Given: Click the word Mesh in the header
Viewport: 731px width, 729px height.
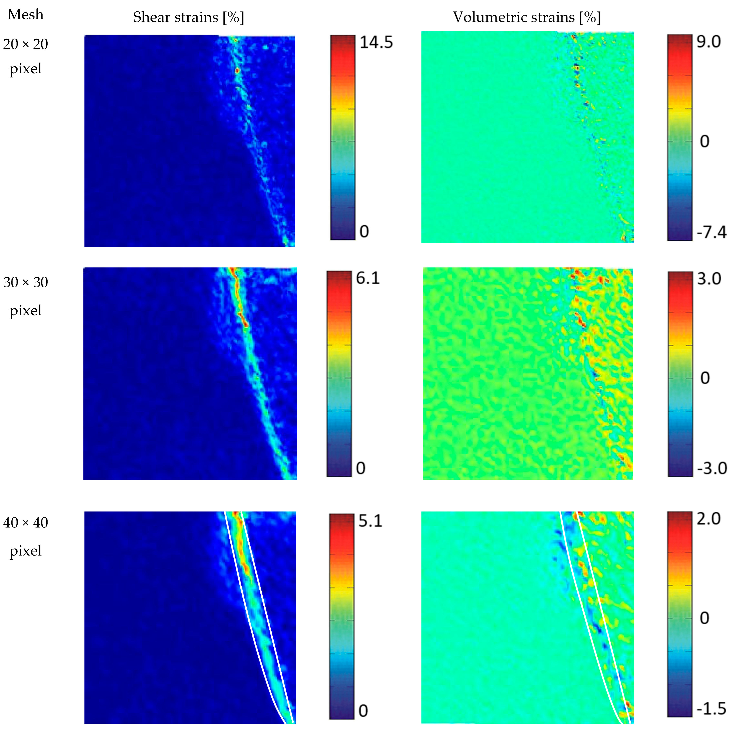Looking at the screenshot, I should tap(25, 14).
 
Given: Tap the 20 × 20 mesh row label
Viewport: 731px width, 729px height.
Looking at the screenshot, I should tap(25, 44).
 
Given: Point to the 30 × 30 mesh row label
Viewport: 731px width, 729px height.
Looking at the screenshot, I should tap(25, 282).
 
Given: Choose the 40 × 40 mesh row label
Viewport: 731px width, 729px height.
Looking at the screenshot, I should tap(25, 522).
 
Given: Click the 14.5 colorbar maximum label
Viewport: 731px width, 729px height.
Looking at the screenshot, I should tap(376, 42).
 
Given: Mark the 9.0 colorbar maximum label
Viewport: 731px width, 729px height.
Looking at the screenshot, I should tap(709, 42).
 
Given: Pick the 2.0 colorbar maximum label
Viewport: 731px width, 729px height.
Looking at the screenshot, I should tap(709, 519).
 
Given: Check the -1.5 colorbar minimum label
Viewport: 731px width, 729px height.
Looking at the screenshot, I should tap(711, 709).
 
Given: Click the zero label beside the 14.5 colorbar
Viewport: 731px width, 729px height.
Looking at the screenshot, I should tap(364, 231).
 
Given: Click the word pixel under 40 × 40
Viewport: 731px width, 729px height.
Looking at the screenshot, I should tap(25, 550).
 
